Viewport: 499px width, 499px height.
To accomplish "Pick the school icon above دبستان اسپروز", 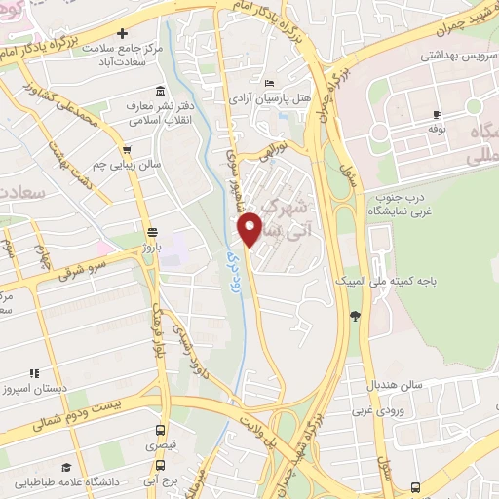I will tap(34, 372).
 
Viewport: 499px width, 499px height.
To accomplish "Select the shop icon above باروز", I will tap(151, 232).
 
